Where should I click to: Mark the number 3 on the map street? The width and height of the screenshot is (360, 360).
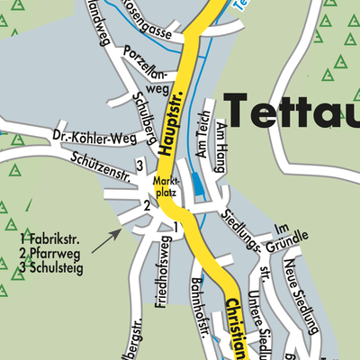(x=139, y=165)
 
